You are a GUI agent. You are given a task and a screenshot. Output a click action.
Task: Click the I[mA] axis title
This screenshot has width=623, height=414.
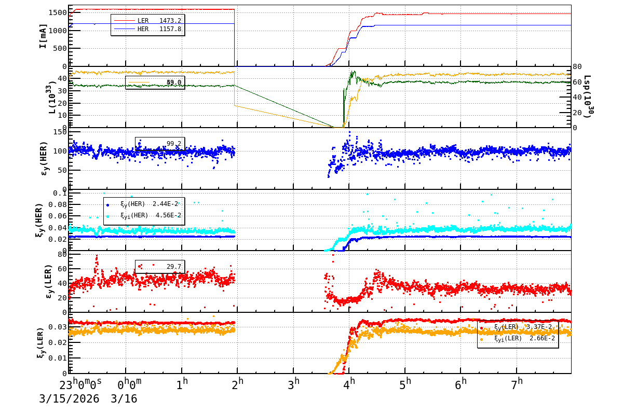(x=43, y=36)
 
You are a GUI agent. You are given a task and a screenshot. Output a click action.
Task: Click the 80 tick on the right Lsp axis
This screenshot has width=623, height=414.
(x=578, y=66)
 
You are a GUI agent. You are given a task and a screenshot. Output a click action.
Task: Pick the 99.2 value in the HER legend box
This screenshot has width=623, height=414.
(x=173, y=144)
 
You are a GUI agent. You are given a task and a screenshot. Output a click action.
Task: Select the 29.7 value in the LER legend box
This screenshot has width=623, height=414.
(x=173, y=267)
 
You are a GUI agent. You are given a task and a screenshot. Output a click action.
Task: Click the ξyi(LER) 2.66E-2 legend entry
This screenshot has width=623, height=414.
(x=524, y=338)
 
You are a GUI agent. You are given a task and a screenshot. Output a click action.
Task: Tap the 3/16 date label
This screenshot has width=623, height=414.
(x=124, y=399)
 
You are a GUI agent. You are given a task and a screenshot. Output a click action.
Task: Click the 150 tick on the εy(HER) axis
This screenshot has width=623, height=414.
(x=60, y=132)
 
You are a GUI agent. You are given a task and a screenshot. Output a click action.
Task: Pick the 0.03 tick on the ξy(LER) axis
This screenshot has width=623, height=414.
(x=58, y=327)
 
